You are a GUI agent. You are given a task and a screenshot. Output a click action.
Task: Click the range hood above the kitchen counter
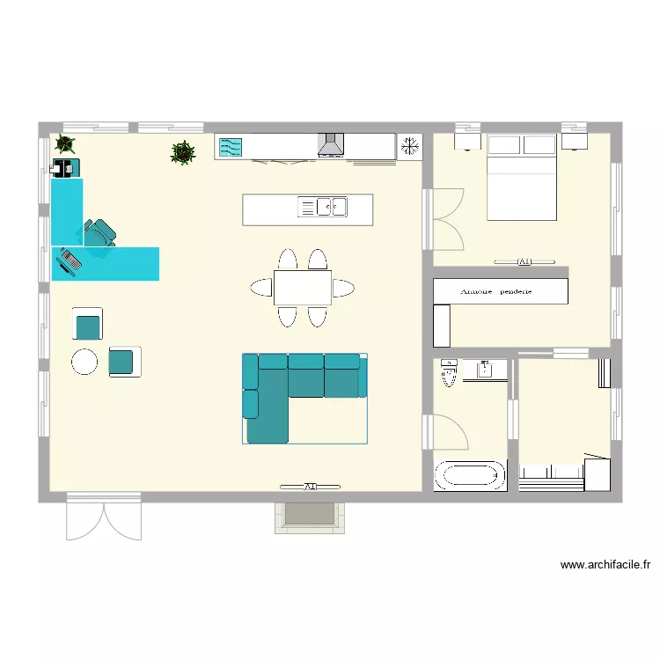331,145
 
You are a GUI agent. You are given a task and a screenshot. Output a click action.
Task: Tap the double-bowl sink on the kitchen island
332,207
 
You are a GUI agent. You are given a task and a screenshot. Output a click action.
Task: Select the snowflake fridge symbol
410,147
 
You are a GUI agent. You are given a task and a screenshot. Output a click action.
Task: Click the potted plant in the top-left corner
64,143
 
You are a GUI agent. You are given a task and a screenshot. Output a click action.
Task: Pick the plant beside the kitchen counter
182,152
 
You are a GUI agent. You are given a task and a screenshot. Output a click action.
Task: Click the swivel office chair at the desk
99,236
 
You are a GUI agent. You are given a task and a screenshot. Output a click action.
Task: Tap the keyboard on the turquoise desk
70,260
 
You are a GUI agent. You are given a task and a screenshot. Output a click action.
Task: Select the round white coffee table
84,361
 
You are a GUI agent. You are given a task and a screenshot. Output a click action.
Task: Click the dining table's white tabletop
303,288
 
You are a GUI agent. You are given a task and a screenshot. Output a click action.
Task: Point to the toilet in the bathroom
449,373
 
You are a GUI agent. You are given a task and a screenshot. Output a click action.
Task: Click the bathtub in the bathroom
471,476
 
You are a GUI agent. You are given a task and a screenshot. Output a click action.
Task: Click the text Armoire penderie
501,291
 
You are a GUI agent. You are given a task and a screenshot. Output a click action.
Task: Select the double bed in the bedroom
522,177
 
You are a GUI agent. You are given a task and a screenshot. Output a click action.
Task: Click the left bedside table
466,139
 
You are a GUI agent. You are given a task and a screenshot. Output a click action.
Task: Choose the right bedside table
576,139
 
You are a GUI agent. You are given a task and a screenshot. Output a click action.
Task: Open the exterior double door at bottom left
104,517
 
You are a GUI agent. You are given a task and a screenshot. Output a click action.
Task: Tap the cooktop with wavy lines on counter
230,147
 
